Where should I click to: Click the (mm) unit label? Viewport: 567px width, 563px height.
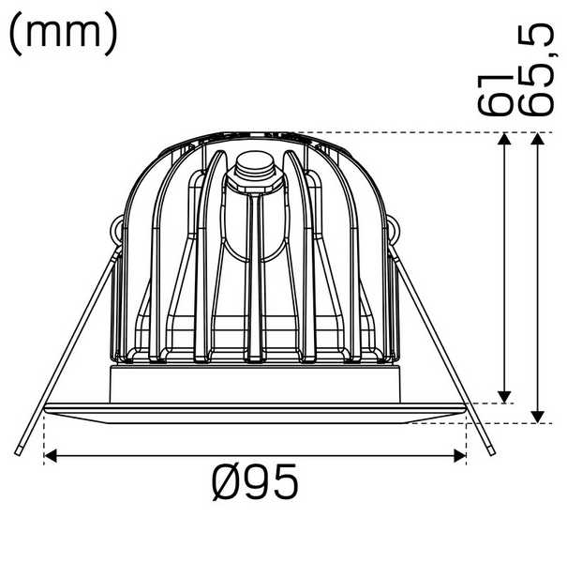64,33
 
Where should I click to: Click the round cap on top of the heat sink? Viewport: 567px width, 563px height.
256,169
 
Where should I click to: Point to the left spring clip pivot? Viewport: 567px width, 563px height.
117,229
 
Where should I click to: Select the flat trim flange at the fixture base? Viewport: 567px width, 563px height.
255,409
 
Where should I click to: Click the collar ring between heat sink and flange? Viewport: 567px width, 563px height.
255,383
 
